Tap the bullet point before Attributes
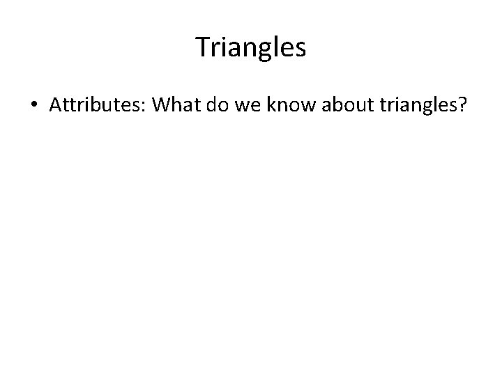click(x=33, y=105)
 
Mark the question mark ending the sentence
click(x=461, y=105)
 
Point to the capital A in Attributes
click(x=56, y=104)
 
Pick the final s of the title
click(x=300, y=49)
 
